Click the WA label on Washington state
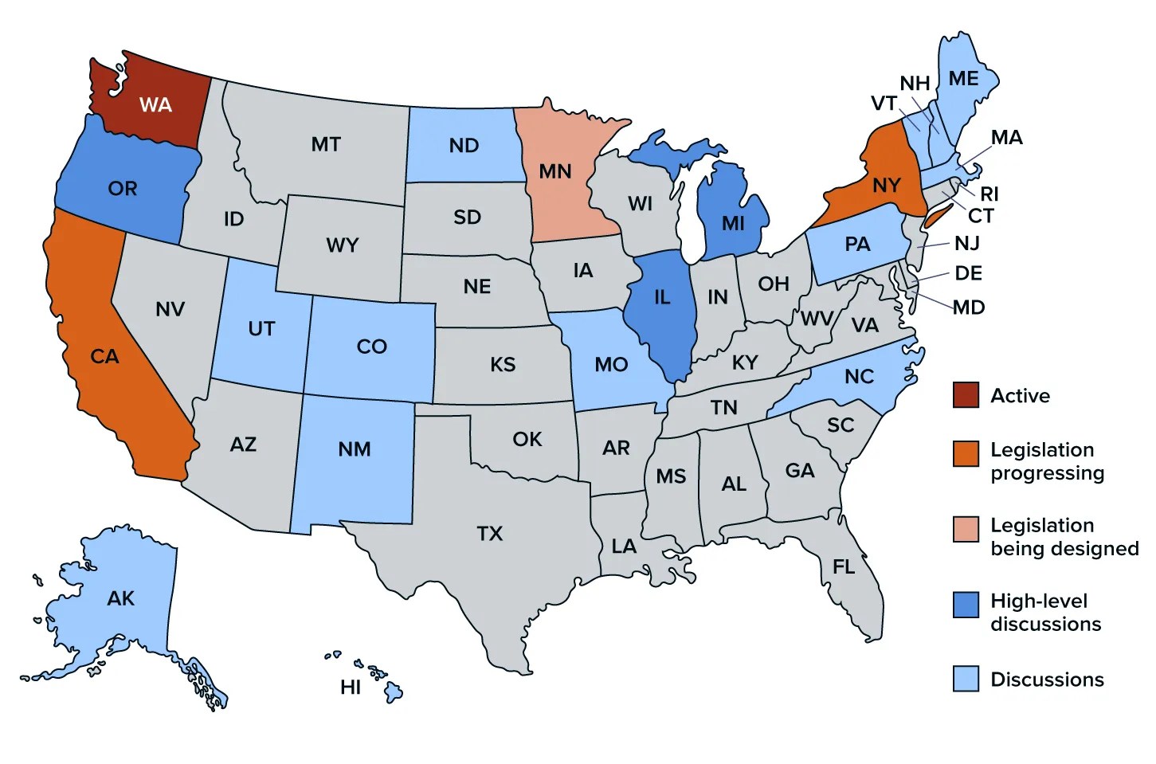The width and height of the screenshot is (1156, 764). click(x=155, y=105)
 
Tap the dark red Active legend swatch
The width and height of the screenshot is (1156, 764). click(x=966, y=395)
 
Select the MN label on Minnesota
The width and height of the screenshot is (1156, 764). click(x=555, y=171)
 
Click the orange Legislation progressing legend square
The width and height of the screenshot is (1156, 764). click(x=966, y=453)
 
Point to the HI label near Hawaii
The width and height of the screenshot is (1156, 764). click(x=351, y=687)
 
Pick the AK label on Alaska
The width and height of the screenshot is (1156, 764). click(x=121, y=598)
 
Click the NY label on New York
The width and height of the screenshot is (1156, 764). click(x=886, y=186)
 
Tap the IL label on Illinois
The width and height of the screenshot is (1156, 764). click(x=662, y=297)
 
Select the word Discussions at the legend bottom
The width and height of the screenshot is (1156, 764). click(x=1047, y=680)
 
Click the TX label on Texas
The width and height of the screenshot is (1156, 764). click(x=490, y=534)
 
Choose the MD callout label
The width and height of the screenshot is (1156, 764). click(x=969, y=308)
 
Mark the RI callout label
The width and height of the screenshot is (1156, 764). click(x=989, y=194)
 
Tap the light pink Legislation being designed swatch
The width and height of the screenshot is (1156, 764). click(x=966, y=529)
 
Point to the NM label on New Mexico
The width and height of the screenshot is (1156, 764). click(x=355, y=449)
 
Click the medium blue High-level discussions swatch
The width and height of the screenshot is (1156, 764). click(x=966, y=605)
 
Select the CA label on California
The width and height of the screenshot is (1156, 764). click(x=104, y=356)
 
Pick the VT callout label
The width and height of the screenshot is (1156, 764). click(x=884, y=104)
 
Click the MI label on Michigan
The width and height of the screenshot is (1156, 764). click(x=733, y=224)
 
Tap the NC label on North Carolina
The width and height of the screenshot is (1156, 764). click(x=859, y=376)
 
